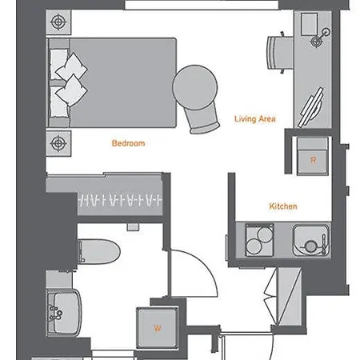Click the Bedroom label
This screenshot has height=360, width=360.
128,143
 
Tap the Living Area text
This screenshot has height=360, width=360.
255,119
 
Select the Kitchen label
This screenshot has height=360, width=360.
283,206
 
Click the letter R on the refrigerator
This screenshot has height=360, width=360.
314,160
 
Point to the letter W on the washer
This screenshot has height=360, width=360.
158,328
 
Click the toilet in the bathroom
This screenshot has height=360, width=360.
98,251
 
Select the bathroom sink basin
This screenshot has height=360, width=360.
64,312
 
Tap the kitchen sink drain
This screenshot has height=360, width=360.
310,246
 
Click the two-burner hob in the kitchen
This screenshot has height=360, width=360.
259,240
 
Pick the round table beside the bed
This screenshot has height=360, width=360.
195,87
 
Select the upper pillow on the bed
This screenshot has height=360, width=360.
71,66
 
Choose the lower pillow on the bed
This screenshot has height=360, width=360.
71,90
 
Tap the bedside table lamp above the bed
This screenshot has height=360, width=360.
58,22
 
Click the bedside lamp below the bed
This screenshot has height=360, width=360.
58,143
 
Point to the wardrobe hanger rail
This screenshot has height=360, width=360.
120,200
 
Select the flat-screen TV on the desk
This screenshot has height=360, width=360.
311,107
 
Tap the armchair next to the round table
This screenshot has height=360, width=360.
204,119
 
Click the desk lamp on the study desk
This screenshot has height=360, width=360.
320,38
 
